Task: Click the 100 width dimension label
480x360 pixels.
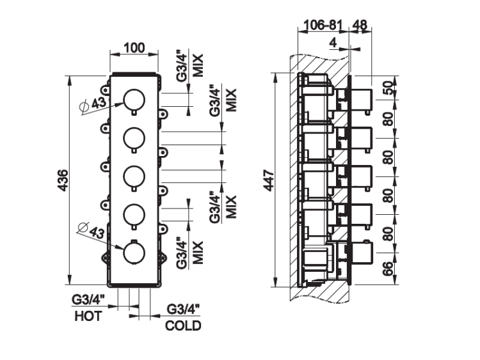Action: [133, 48]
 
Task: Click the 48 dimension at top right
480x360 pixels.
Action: [360, 26]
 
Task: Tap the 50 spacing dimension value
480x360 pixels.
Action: [388, 88]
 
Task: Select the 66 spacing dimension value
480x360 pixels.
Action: [388, 268]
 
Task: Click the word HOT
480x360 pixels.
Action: [88, 316]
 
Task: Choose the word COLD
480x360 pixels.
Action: [183, 326]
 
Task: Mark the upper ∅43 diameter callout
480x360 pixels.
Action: [93, 102]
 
